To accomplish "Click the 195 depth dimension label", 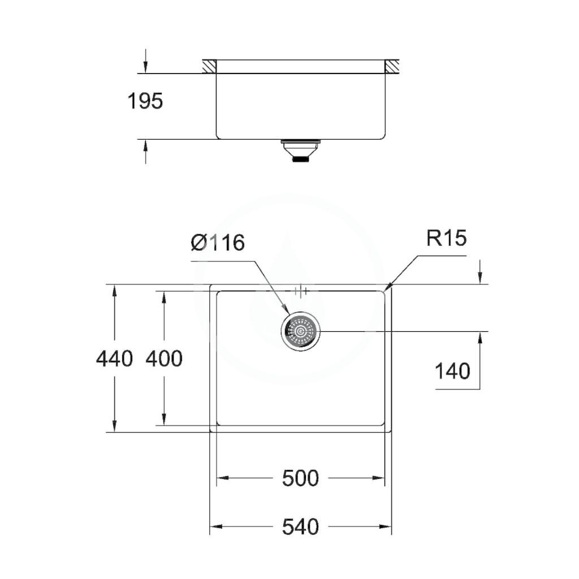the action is pyautogui.click(x=145, y=101).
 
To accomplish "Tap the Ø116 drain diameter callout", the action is pyautogui.click(x=218, y=243).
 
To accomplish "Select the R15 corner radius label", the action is pyautogui.click(x=447, y=238).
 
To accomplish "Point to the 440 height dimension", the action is pyautogui.click(x=114, y=358).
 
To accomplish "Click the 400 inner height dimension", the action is pyautogui.click(x=164, y=358).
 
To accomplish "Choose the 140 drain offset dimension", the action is pyautogui.click(x=452, y=371).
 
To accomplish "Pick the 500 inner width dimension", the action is pyautogui.click(x=300, y=478).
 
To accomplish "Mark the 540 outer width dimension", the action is pyautogui.click(x=300, y=526).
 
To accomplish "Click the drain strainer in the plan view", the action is pyautogui.click(x=301, y=332).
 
